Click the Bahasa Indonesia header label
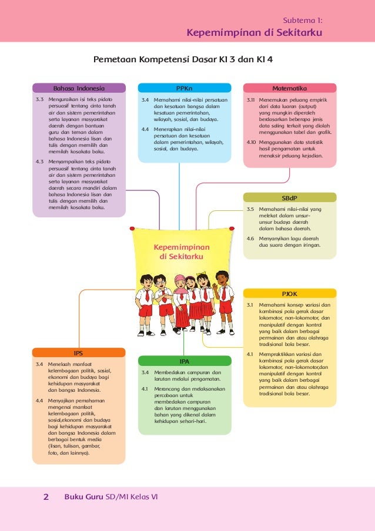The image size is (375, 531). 79,88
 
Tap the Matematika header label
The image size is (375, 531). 290,88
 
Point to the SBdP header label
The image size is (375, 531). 290,197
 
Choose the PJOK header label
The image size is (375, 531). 290,293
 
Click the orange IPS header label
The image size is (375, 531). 78,353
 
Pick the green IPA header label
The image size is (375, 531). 184,361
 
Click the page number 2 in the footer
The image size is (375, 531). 46,497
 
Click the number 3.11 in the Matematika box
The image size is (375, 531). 250,100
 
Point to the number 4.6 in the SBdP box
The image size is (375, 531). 250,238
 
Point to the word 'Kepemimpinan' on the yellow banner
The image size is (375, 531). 181,248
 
